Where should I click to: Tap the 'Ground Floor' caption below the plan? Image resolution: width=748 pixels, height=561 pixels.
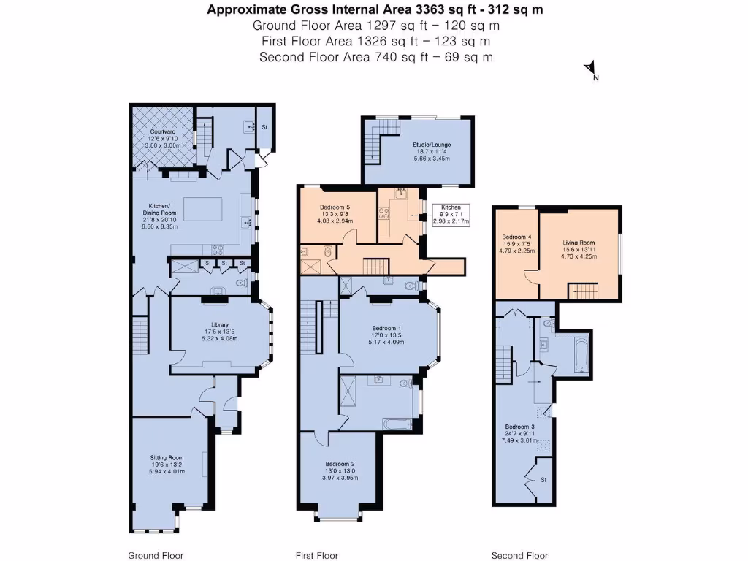point(156,555)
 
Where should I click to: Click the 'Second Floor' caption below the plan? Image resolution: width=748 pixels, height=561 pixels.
point(519,555)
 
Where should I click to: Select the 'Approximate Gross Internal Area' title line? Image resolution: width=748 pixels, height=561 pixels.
point(375,9)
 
